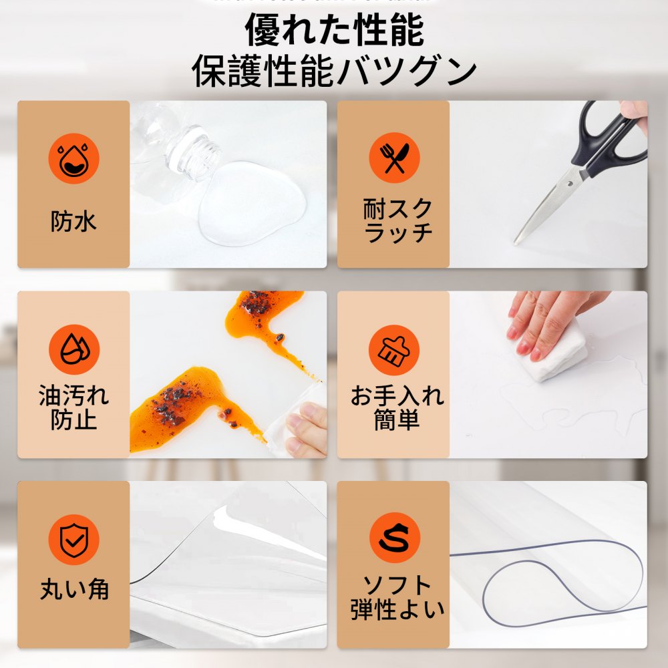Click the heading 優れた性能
coord(334,30)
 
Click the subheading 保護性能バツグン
coord(334,71)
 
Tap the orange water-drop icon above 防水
coord(73,158)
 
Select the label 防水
coord(73,221)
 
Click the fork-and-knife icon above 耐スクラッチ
coord(394,158)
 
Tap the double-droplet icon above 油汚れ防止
coord(73,349)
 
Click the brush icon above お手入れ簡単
coord(394,349)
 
